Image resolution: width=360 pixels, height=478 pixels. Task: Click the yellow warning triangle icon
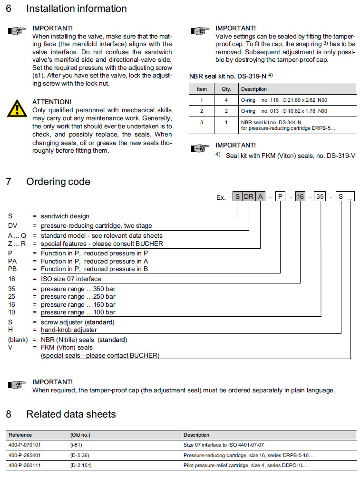17,109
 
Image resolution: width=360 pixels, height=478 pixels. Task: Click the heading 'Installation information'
76,9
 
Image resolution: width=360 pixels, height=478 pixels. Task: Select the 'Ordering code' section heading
58,181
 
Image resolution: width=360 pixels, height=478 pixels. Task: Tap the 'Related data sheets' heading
71,414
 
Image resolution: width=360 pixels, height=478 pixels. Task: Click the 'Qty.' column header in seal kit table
226,89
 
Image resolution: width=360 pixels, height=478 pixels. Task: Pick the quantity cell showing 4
226,100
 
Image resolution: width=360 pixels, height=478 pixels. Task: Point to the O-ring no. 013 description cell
284,111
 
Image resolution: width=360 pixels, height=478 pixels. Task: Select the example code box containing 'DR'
249,197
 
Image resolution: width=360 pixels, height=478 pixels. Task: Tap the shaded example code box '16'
300,197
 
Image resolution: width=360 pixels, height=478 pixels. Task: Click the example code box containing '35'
320,197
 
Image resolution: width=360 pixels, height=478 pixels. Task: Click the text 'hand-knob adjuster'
69,330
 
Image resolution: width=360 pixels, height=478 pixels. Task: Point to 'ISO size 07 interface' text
71,279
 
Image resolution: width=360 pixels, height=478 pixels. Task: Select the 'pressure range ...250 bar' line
78,296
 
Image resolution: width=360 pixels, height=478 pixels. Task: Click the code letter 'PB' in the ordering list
13,269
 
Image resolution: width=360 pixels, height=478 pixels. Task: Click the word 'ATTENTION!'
52,102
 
